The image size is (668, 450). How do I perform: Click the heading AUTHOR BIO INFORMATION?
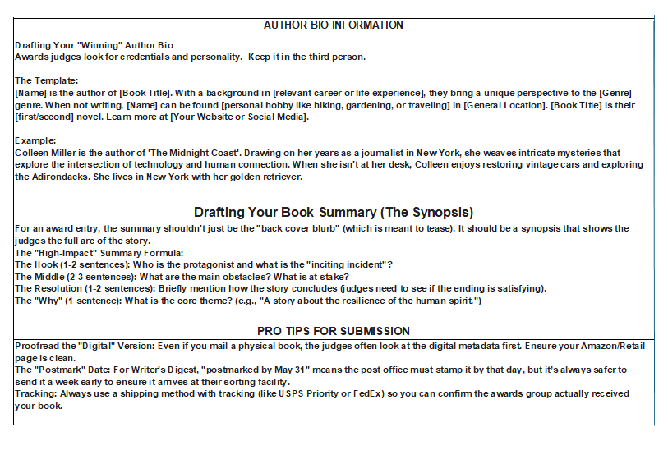[x=333, y=25]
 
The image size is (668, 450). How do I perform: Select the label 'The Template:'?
[x=47, y=80]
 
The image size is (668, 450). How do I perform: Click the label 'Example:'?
[x=36, y=140]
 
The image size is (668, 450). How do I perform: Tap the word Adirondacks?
[x=48, y=177]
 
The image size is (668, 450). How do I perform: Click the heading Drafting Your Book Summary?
[x=333, y=213]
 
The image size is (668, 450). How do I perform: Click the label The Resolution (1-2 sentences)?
[x=85, y=288]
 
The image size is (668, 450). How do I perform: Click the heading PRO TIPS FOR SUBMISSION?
[x=333, y=331]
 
